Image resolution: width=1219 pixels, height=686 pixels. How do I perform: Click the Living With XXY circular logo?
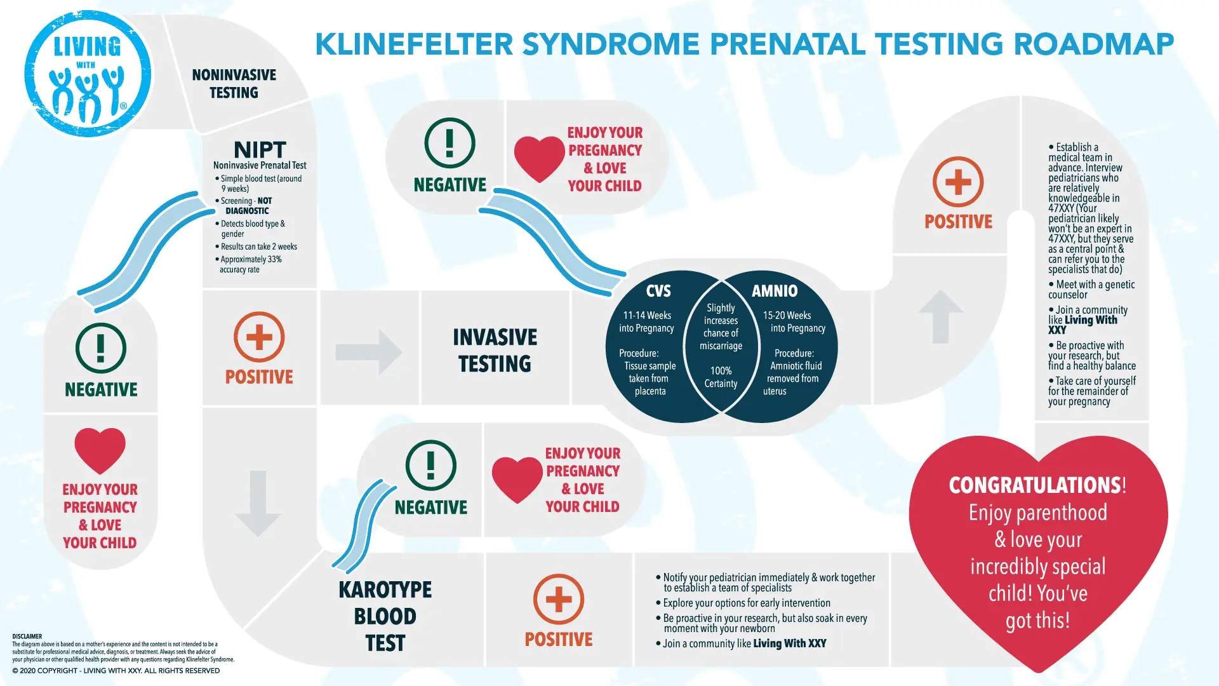click(x=88, y=74)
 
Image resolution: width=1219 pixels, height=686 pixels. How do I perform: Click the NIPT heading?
click(x=260, y=150)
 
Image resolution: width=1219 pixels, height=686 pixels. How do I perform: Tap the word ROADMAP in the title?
click(x=1093, y=44)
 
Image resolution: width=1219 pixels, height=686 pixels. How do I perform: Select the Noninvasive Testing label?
click(x=234, y=84)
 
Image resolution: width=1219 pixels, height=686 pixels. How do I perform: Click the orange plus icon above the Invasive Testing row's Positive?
click(x=259, y=337)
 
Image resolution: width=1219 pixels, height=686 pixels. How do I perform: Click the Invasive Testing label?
click(x=495, y=350)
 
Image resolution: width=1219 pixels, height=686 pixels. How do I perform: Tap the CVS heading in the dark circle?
click(x=658, y=291)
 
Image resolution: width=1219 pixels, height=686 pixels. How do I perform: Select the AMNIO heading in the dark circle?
click(x=775, y=291)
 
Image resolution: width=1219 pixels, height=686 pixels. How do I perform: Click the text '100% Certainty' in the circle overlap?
click(x=721, y=377)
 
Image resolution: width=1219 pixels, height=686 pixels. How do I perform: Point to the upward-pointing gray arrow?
click(x=940, y=316)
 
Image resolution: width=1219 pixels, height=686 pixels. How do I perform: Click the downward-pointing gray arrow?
click(x=257, y=503)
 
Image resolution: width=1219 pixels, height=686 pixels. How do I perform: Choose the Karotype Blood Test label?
click(x=385, y=616)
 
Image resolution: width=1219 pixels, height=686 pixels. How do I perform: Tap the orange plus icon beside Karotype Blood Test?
click(x=559, y=600)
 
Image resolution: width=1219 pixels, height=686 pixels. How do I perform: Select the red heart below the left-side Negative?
click(x=100, y=450)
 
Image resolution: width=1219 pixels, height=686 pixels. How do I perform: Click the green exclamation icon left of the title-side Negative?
click(x=450, y=143)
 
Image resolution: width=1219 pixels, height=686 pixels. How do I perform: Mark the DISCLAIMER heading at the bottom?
click(x=27, y=636)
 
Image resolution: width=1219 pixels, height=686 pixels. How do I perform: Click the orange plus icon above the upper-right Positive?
click(x=958, y=182)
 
